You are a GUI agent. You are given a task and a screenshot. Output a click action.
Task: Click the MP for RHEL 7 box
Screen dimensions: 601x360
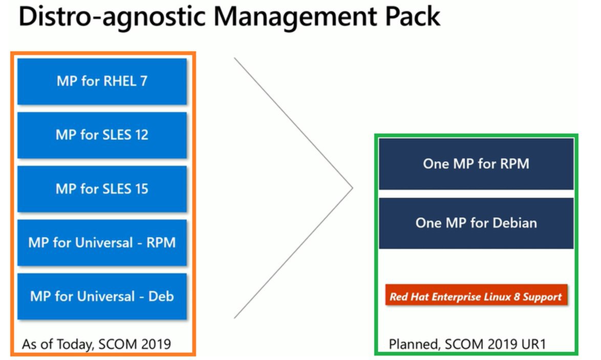(x=102, y=81)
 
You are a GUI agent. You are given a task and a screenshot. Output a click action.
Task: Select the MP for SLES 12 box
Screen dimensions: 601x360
(x=102, y=135)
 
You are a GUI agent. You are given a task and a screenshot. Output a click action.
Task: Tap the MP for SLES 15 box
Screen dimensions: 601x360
(x=102, y=188)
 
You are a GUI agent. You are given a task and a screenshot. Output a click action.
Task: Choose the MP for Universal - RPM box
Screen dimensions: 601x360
(x=102, y=242)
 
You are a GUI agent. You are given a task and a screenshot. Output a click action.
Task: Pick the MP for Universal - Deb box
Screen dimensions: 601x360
(x=102, y=297)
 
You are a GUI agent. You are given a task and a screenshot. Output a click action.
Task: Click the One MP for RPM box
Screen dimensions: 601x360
(x=476, y=164)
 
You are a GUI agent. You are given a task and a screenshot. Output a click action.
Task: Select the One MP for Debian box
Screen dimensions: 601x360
(x=476, y=223)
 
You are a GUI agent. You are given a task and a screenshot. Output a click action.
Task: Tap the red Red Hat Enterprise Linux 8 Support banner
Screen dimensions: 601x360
(x=476, y=295)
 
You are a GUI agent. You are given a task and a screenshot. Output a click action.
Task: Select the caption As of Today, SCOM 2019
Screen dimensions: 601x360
(x=96, y=344)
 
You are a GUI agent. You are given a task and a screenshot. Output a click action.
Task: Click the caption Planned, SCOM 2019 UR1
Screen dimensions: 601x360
(x=467, y=344)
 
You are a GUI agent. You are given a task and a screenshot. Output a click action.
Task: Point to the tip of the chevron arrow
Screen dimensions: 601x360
(x=353, y=188)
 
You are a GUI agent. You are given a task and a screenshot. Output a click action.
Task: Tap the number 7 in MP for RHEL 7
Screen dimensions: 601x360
(x=144, y=81)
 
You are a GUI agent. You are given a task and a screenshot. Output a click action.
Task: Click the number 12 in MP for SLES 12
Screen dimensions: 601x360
(x=141, y=135)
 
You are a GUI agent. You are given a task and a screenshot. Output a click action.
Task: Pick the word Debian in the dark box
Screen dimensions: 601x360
(x=515, y=223)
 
